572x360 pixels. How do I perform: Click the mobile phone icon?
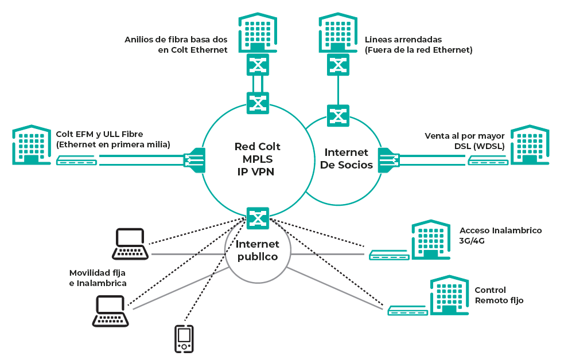click(184, 339)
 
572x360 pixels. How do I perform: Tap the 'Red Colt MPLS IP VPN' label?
click(257, 159)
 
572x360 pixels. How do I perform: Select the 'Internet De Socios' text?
click(346, 158)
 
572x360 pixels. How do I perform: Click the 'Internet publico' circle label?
click(258, 251)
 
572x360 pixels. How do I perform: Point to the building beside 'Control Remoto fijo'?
click(449, 295)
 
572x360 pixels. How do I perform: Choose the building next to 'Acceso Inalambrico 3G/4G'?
click(431, 240)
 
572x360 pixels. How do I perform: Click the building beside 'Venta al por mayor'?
click(530, 145)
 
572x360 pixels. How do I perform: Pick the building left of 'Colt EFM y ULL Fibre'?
click(32, 145)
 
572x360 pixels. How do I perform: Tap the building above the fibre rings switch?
click(258, 33)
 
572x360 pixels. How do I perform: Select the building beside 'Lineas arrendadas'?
click(338, 33)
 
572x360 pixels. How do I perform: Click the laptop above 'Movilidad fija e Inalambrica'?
click(130, 244)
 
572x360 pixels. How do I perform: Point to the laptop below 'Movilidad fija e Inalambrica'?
click(111, 311)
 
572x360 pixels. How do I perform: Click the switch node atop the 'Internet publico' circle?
click(258, 218)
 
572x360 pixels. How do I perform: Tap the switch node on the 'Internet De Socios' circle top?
click(338, 115)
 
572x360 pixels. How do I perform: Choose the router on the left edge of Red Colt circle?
click(194, 160)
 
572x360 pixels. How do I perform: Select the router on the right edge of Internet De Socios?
click(389, 160)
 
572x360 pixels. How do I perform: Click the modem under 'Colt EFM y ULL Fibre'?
click(77, 161)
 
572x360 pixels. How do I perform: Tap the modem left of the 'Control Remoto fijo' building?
click(407, 311)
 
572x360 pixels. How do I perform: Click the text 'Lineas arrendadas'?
click(403, 40)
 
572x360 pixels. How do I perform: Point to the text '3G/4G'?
click(472, 241)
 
